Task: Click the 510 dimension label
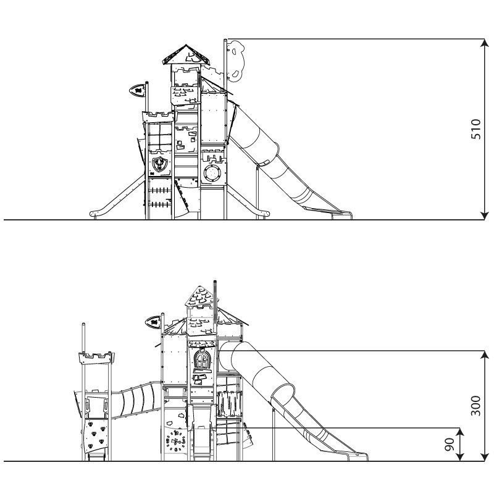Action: [x=475, y=129]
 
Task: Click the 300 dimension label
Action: [x=475, y=406]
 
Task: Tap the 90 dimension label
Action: [x=450, y=444]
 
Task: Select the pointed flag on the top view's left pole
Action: [x=137, y=91]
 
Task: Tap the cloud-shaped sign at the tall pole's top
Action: [x=236, y=61]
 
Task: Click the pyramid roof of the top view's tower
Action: [x=186, y=55]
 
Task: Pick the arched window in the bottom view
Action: [x=203, y=361]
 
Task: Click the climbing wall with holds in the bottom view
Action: [x=94, y=434]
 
